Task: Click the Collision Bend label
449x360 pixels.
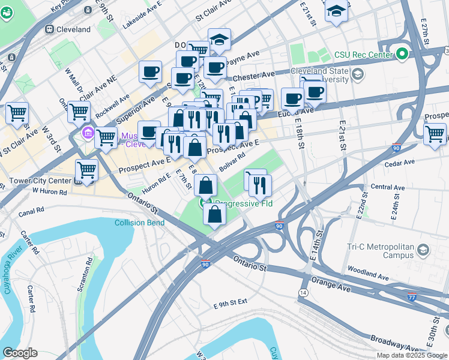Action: click(x=140, y=223)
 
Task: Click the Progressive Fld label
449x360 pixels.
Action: click(x=244, y=203)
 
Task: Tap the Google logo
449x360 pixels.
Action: click(x=20, y=353)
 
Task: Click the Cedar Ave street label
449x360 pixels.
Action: click(x=400, y=162)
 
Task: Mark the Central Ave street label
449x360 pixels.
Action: click(x=388, y=187)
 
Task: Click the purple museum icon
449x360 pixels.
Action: click(x=88, y=132)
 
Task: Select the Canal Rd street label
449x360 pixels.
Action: click(x=31, y=211)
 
